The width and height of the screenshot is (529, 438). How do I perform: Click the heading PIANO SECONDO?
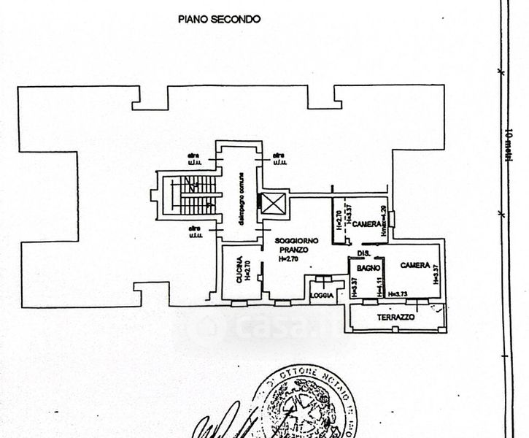218,20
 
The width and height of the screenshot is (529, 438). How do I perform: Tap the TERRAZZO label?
396,318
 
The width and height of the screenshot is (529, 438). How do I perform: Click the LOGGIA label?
321,296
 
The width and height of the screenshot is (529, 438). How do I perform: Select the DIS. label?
362,253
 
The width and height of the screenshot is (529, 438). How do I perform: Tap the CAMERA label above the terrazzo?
413,267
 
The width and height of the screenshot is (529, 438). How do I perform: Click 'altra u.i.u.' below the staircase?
194,233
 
